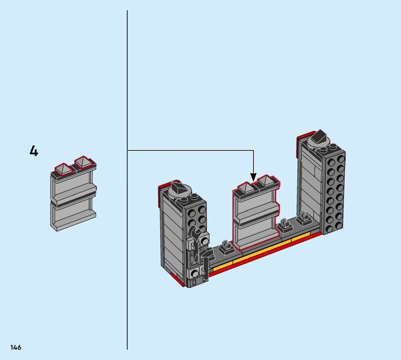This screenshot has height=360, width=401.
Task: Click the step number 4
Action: point(34,151)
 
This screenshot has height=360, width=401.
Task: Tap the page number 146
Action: point(15,347)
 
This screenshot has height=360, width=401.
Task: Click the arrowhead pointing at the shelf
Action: point(254,177)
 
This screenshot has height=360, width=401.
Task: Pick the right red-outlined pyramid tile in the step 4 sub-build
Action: point(83,162)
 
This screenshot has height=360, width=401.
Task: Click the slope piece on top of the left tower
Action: point(177,188)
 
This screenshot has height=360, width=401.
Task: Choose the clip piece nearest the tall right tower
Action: point(302,219)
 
